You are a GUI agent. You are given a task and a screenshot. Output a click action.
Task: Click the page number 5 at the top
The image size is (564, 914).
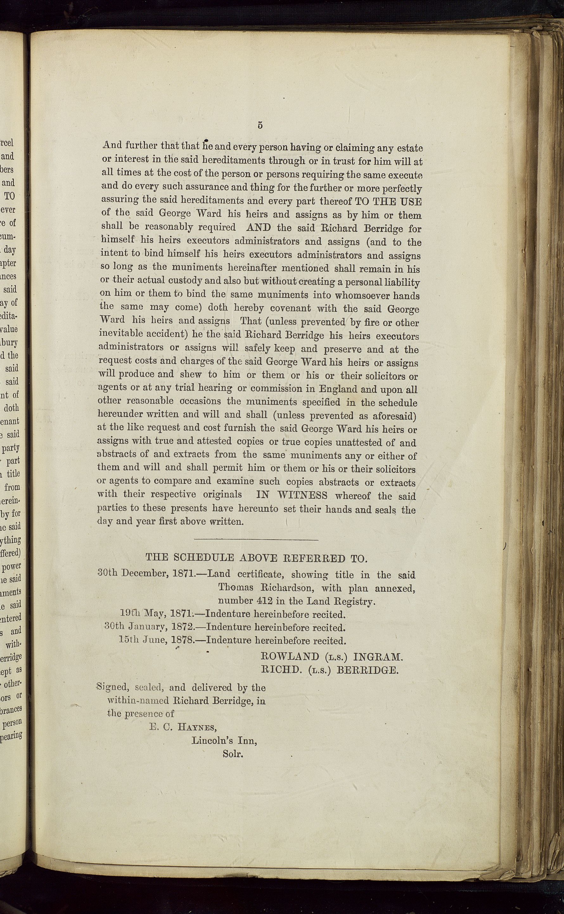point(260,125)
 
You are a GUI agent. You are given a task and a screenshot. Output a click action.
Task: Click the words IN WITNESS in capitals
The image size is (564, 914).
point(292,496)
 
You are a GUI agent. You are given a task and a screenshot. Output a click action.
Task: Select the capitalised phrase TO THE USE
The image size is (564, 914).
point(388,202)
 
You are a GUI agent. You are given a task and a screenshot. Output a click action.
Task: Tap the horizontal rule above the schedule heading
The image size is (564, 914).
point(256,540)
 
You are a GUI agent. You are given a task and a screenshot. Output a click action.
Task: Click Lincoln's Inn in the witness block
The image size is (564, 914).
point(224,740)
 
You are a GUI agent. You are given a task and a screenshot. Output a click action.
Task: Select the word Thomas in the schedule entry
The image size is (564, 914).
point(236,587)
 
